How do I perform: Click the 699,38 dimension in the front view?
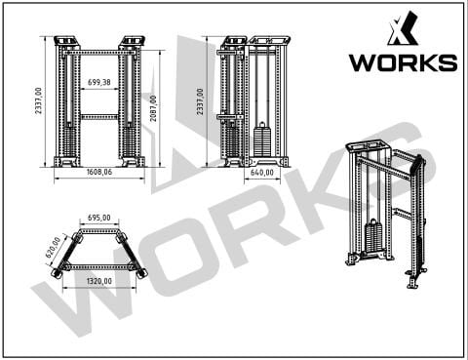coord(98,84)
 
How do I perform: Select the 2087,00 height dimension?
coord(153,101)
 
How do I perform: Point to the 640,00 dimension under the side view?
coord(262,172)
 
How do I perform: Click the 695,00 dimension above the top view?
coord(98,219)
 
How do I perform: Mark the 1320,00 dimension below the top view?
coord(98,281)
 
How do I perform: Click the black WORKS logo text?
coord(403,63)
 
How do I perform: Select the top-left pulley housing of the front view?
coord(67,42)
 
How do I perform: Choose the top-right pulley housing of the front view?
coord(131,42)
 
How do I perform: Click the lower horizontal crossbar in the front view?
coord(98,116)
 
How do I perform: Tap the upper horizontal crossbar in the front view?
coord(98,52)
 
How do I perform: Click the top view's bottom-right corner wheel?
coord(142,274)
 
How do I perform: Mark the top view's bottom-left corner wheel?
coord(55,274)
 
